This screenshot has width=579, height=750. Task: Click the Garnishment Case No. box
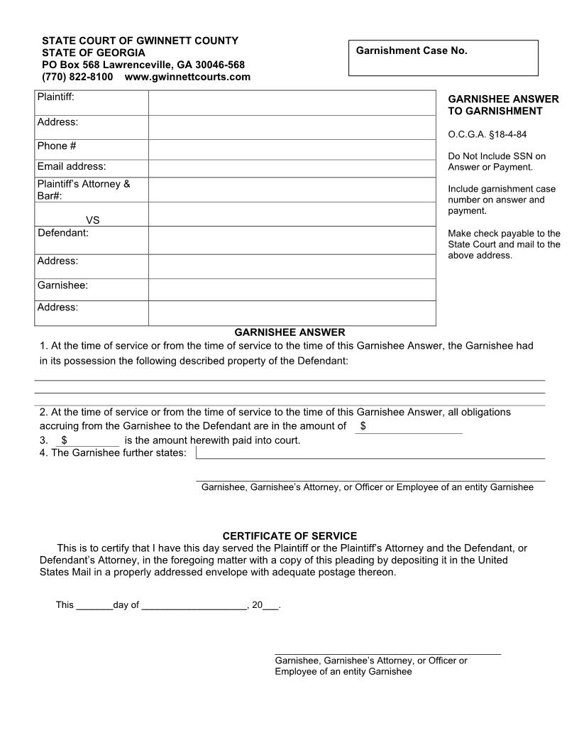(x=443, y=58)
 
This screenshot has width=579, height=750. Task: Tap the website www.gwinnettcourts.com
(x=187, y=77)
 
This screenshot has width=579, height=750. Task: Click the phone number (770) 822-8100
(x=77, y=77)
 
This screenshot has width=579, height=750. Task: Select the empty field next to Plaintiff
(x=292, y=102)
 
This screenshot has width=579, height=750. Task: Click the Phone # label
(x=57, y=146)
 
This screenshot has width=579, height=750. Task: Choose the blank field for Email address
(x=292, y=168)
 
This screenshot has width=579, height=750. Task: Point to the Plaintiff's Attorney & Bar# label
(x=84, y=190)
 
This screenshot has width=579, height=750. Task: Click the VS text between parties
(x=92, y=220)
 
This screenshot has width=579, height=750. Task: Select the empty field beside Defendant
(x=292, y=240)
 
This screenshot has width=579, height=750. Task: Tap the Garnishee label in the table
(x=62, y=286)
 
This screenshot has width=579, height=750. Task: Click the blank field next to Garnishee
(x=292, y=289)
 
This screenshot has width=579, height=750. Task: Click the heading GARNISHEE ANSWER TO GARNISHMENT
(x=503, y=105)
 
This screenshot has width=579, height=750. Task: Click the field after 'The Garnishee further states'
(x=370, y=452)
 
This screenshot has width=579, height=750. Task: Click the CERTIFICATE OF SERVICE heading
(x=289, y=536)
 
